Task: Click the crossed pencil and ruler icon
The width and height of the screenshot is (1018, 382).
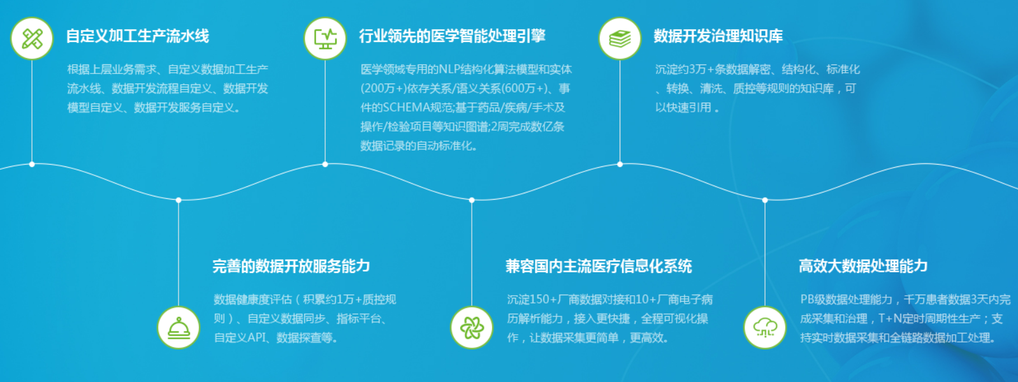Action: click(32, 39)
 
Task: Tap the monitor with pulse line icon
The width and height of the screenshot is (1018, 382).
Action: click(325, 39)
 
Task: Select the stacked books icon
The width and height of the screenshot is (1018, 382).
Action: click(620, 39)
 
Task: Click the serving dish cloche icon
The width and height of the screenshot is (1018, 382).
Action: click(178, 327)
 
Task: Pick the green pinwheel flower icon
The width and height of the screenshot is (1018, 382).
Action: click(472, 327)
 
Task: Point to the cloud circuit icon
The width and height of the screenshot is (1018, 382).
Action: click(765, 327)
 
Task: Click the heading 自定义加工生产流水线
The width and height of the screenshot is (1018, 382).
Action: click(138, 36)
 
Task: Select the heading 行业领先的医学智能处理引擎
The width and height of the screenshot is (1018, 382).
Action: click(452, 36)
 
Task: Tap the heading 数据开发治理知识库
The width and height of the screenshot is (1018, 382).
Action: click(718, 36)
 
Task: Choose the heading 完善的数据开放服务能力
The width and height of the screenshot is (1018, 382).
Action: click(291, 266)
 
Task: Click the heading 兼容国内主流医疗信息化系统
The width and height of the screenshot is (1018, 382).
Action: click(599, 266)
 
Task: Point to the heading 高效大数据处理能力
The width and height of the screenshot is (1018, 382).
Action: click(863, 266)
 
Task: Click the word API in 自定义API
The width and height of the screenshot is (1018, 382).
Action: click(257, 337)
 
